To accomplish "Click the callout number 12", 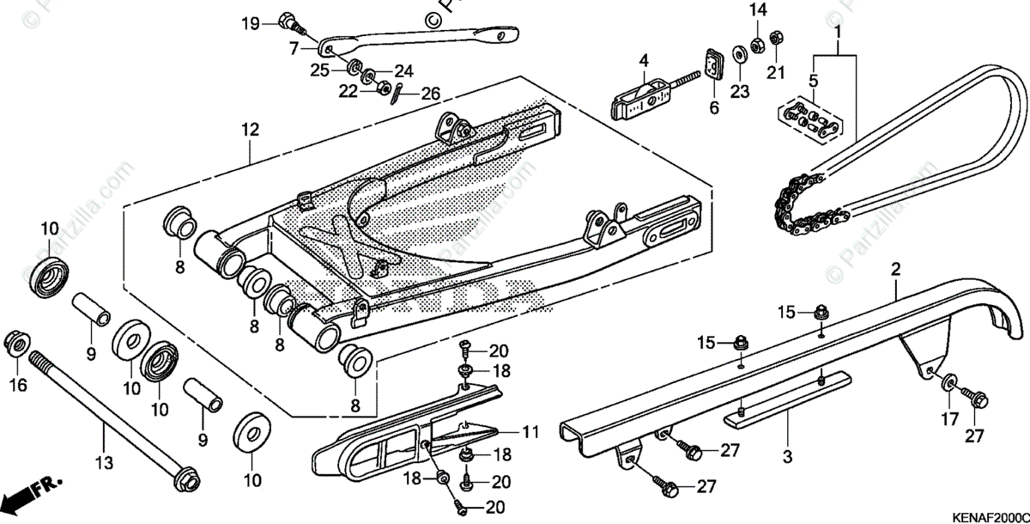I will (249, 131).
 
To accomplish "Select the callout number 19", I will (250, 23).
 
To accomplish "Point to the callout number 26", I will (430, 93).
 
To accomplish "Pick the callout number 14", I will (756, 10).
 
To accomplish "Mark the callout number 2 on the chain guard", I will (895, 270).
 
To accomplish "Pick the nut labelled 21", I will (774, 39).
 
